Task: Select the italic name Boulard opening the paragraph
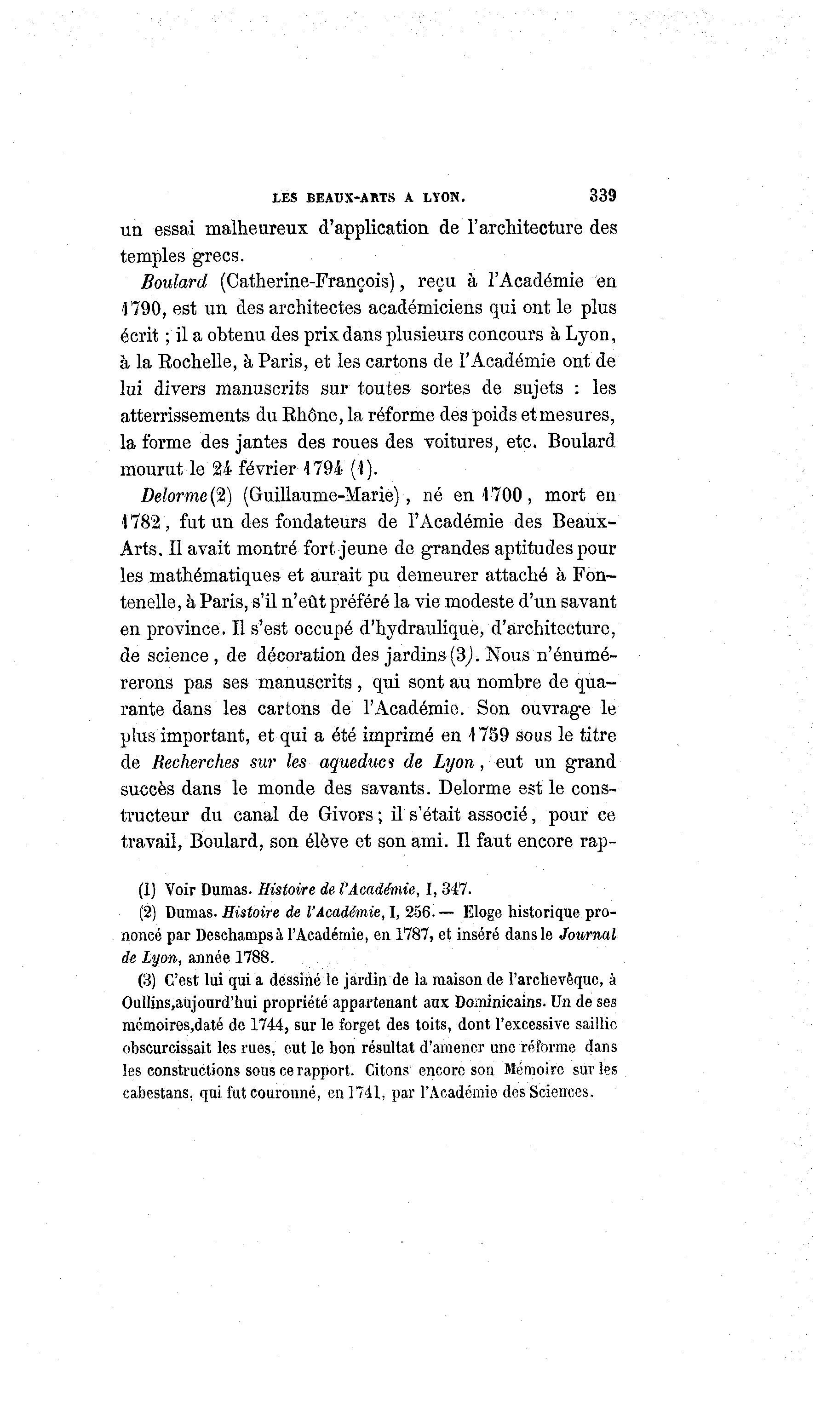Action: tap(174, 281)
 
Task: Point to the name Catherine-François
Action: tap(308, 281)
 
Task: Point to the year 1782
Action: tap(143, 523)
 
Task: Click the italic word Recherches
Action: tap(195, 762)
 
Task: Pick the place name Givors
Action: tap(346, 815)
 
